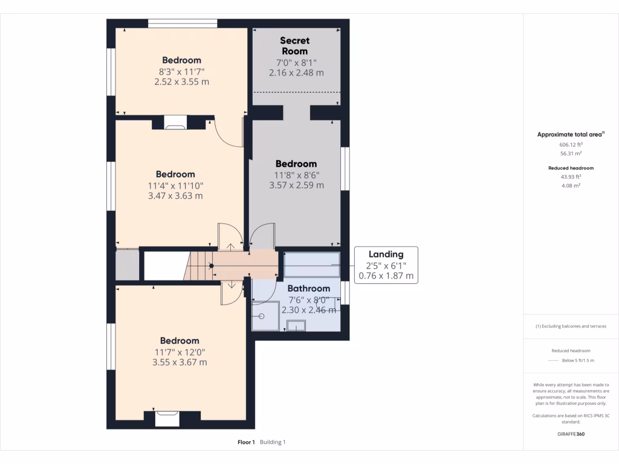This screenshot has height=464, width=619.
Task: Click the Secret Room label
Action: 295,46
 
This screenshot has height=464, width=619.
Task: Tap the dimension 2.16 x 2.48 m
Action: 296,72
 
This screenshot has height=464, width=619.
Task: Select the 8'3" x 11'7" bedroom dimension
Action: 181,71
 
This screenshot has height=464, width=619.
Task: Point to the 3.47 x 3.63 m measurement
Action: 175,196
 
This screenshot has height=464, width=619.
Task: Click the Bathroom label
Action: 308,288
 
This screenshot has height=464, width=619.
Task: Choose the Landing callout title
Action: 386,254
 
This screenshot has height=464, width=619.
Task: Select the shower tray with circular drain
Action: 265,315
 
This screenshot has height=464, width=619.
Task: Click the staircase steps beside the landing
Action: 199,266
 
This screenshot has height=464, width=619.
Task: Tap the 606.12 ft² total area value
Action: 571,145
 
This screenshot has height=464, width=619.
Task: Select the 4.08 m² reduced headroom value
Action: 571,186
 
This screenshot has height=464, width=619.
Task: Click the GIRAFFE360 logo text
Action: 571,434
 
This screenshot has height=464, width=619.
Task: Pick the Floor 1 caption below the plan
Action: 246,442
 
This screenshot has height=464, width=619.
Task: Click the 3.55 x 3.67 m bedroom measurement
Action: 180,362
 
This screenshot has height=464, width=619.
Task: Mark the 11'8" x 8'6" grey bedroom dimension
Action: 296,175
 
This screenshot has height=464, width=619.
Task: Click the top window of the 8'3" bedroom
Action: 182,24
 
